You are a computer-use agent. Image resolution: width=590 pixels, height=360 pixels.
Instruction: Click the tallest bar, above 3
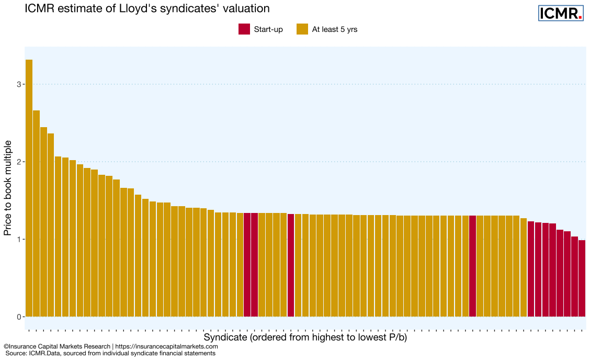tap(29, 188)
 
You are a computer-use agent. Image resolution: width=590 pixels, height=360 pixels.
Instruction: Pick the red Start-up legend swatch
tap(244, 29)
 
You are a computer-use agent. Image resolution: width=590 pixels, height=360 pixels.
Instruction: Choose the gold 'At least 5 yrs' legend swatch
tap(302, 29)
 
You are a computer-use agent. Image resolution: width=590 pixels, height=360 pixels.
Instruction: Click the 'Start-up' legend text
tap(268, 29)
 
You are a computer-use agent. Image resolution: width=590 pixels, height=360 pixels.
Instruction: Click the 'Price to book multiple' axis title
tap(8, 191)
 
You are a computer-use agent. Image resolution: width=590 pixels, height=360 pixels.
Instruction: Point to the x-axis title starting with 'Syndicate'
tap(305, 337)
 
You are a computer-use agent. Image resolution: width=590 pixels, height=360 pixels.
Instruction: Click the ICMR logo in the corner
tap(560, 13)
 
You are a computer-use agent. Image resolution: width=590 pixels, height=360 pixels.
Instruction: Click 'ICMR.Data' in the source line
tap(47, 353)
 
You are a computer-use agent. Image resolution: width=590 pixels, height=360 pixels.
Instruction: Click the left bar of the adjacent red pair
tap(247, 265)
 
